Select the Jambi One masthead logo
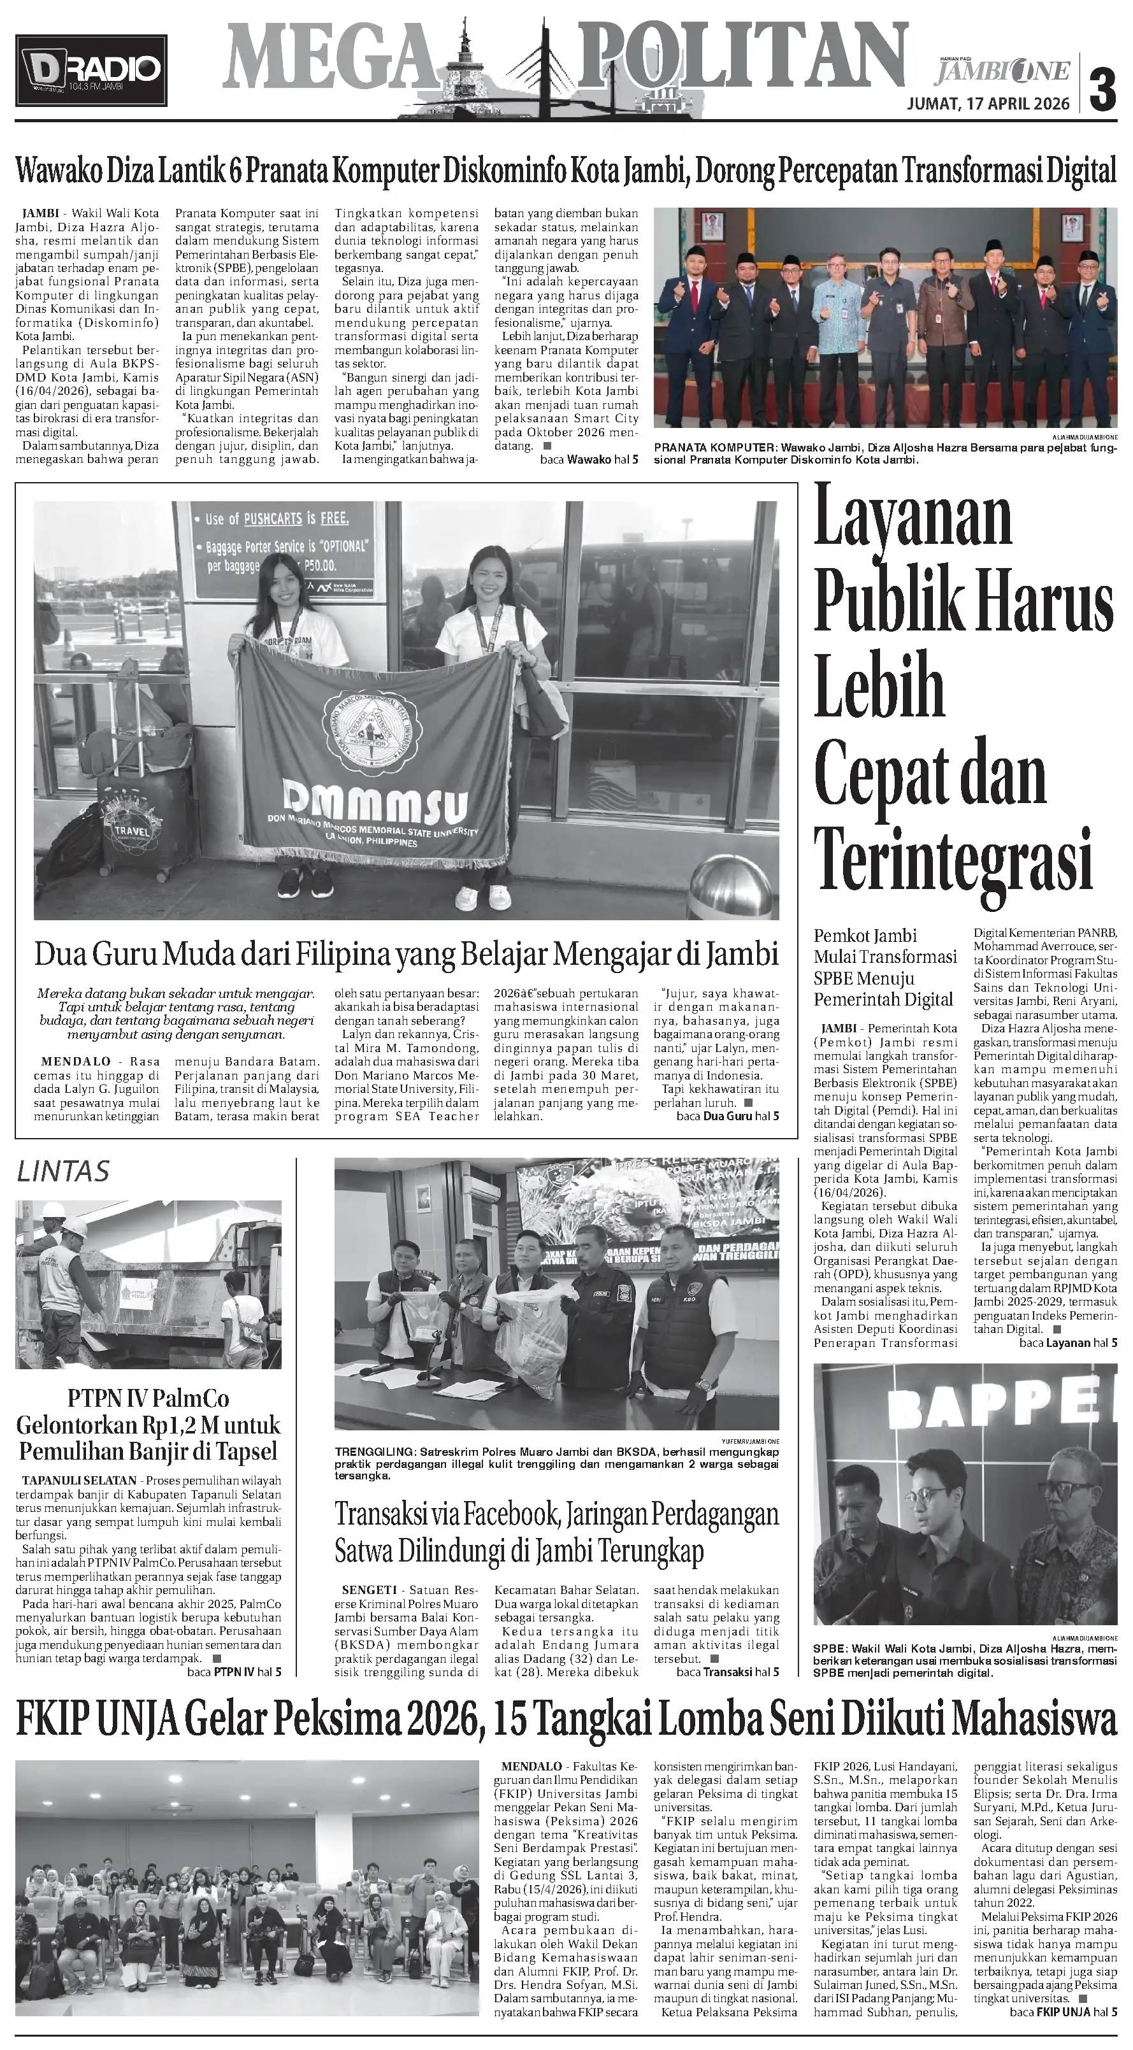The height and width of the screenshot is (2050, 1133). pos(1002,71)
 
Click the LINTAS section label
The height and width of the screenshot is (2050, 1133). pos(63,1171)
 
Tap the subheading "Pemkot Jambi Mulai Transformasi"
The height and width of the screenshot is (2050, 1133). pos(884,946)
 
